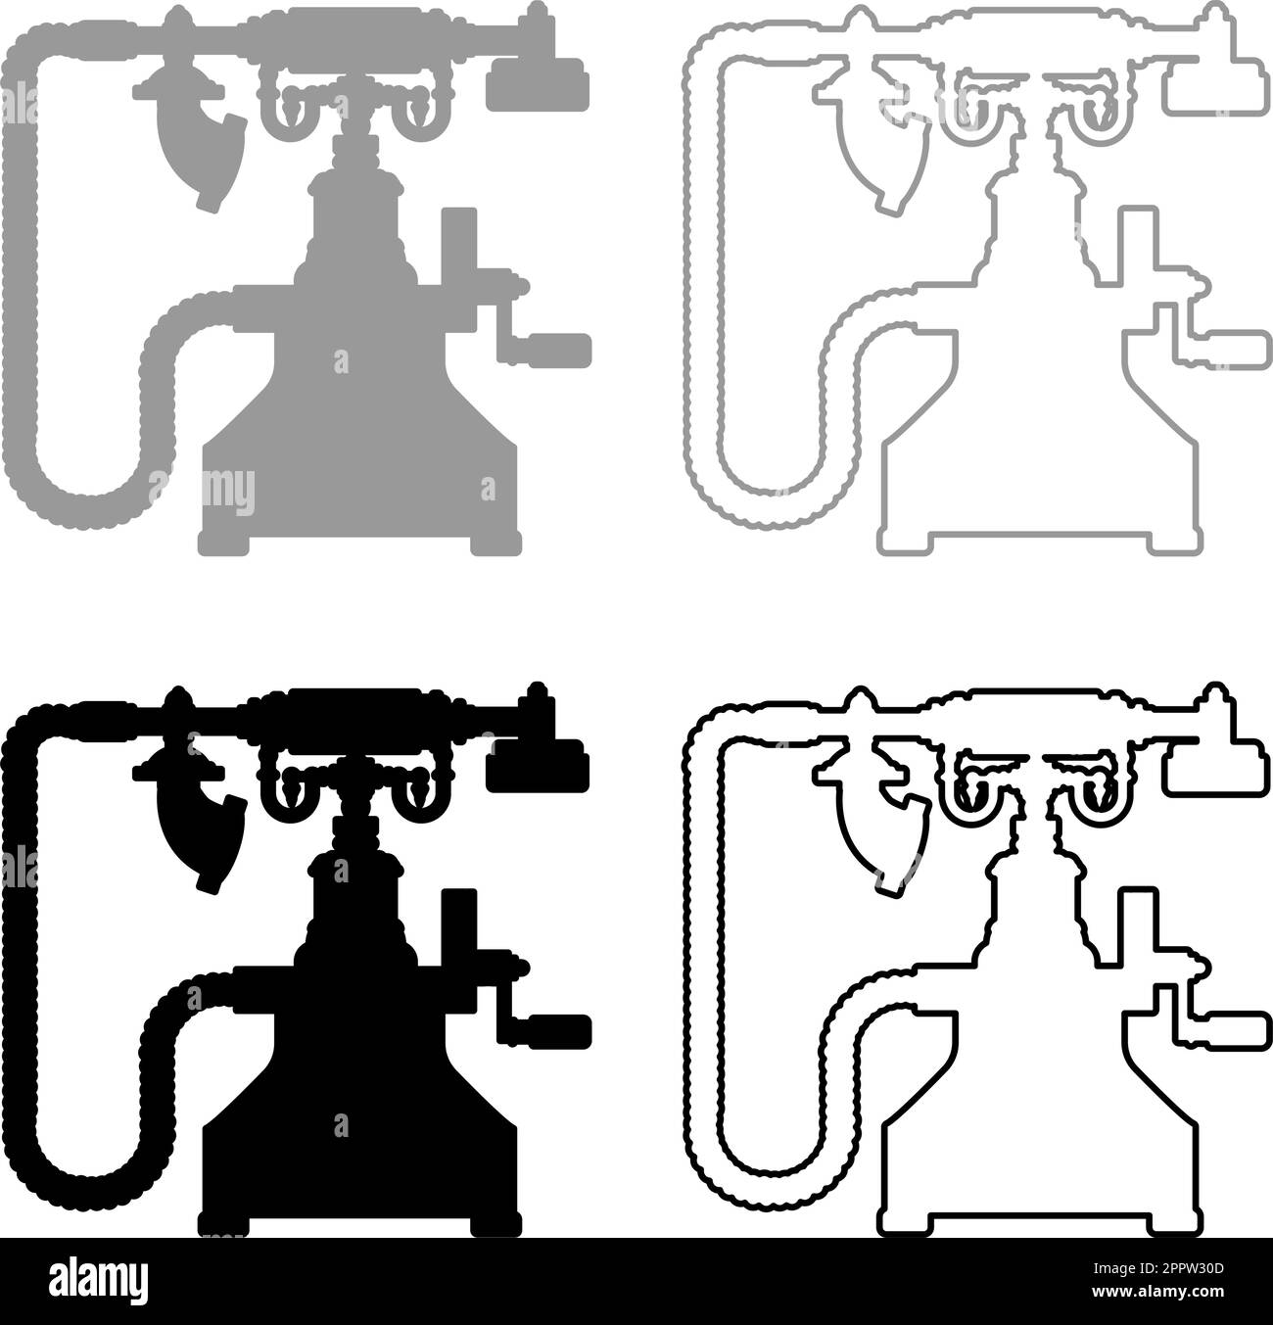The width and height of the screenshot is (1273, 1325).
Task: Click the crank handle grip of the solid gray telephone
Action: (x=557, y=350)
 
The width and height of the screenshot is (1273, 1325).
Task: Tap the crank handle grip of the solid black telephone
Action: (x=557, y=1031)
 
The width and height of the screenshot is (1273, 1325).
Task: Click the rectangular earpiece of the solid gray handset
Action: (x=538, y=84)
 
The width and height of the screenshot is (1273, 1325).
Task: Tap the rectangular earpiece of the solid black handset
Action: (x=538, y=765)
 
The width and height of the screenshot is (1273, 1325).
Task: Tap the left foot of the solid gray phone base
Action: (x=223, y=544)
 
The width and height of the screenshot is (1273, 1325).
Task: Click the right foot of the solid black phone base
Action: (x=496, y=1224)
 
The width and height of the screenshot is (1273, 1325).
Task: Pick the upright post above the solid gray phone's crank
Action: (x=459, y=245)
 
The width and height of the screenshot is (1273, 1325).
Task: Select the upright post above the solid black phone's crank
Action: (x=459, y=926)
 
